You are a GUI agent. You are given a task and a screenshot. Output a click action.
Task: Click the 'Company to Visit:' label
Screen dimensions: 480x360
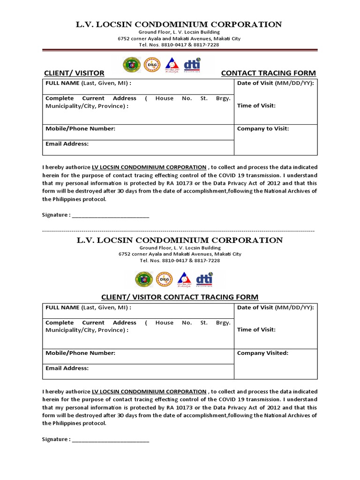263,128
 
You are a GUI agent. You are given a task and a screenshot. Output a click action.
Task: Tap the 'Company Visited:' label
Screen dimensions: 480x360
262,353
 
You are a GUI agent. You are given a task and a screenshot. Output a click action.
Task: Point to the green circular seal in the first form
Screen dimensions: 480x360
131,65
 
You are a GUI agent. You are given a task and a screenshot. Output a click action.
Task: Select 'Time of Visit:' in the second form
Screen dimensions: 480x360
256,330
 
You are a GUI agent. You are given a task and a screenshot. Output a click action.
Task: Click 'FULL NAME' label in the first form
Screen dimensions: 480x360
63,83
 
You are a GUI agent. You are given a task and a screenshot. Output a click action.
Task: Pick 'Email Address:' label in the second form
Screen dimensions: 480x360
67,368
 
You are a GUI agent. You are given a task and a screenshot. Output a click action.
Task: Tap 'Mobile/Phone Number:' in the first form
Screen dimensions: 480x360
80,128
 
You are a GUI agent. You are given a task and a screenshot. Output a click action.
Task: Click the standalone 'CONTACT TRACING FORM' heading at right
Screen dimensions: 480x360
268,73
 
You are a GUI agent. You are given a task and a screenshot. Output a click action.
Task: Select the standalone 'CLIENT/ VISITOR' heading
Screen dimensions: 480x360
74,73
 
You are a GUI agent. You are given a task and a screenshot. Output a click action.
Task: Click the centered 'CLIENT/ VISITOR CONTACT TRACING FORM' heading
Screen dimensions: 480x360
180,297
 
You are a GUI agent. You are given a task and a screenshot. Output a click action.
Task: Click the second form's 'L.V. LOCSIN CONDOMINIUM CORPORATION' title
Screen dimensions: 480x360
180,240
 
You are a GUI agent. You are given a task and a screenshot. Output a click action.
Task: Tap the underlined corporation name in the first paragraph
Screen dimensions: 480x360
149,167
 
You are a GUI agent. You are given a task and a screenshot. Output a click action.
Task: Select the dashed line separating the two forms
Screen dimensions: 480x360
178,231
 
